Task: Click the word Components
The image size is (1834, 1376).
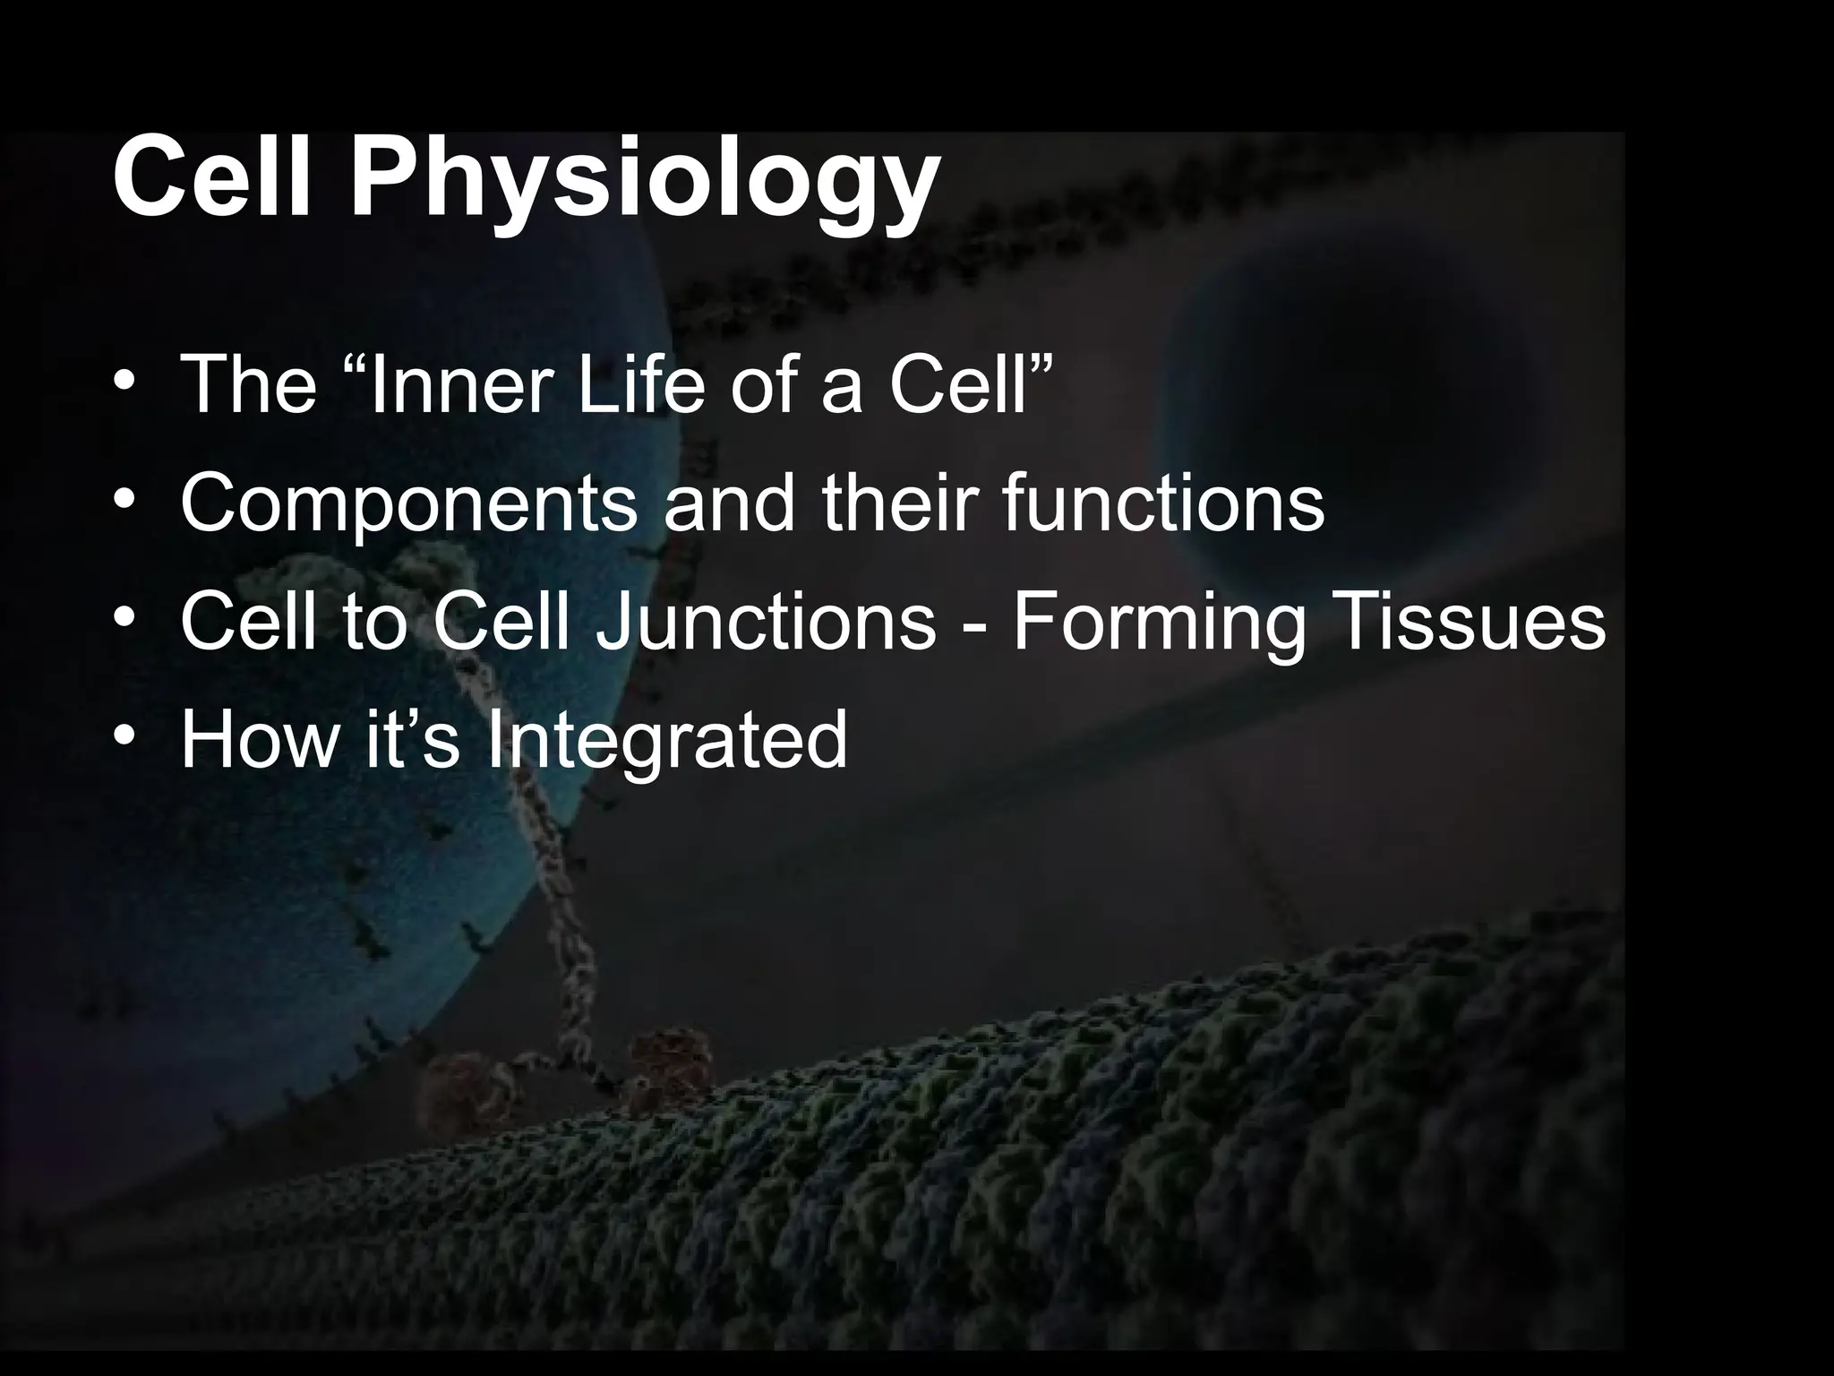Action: click(409, 504)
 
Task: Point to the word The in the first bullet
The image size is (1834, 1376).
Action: click(248, 384)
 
